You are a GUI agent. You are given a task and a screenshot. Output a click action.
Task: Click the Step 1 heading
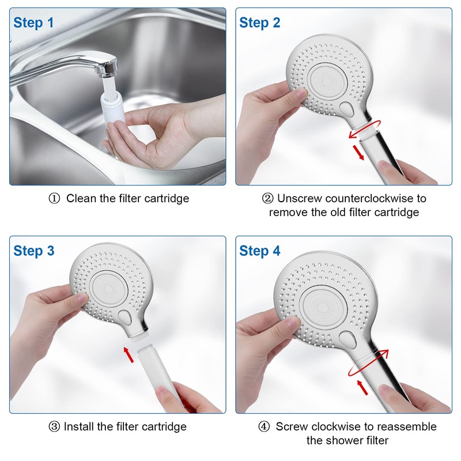(33, 23)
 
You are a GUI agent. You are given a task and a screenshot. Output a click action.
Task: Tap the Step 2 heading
(259, 23)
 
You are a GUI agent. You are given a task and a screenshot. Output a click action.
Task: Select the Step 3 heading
(33, 251)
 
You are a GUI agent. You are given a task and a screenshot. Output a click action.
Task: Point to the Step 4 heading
(259, 251)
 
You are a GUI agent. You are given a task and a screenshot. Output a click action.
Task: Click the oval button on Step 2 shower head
(347, 108)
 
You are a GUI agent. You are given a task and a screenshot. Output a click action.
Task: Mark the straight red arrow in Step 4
(362, 387)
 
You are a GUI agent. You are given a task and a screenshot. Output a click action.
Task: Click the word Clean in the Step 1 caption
(81, 199)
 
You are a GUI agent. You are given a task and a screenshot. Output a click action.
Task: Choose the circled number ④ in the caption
(263, 427)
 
